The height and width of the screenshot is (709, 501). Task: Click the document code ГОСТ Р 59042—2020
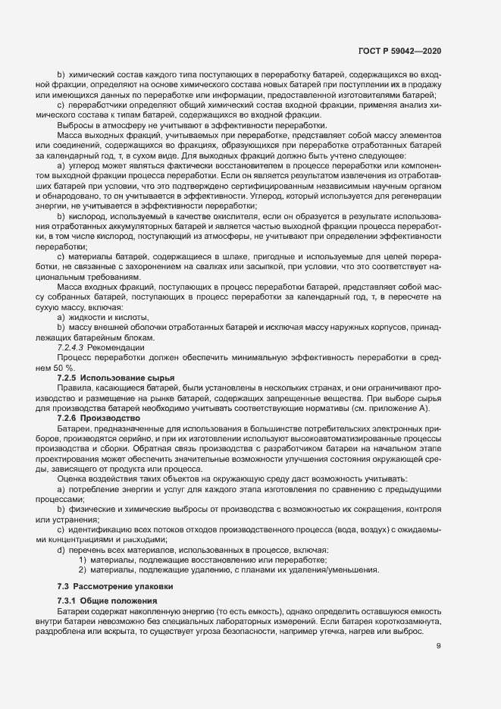click(399, 50)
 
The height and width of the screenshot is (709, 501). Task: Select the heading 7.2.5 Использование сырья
click(117, 378)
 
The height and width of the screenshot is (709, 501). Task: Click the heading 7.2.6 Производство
click(99, 418)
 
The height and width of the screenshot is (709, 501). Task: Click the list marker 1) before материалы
click(83, 560)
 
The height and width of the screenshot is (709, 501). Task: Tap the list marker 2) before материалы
click(83, 569)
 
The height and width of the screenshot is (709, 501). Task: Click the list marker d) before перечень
click(61, 549)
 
